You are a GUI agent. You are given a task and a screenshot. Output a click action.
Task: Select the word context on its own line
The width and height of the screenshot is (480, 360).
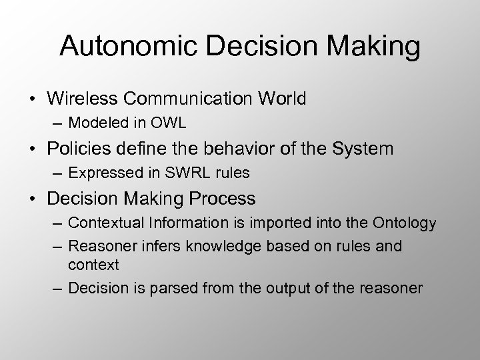pyautogui.click(x=93, y=265)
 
